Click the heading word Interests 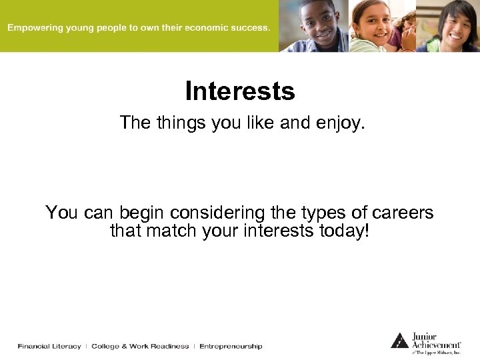click(x=239, y=91)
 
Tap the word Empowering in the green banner click(x=35, y=28)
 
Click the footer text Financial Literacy click(x=49, y=346)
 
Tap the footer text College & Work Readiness click(x=140, y=346)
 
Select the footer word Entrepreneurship click(x=231, y=346)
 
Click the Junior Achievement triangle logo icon click(x=399, y=340)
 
